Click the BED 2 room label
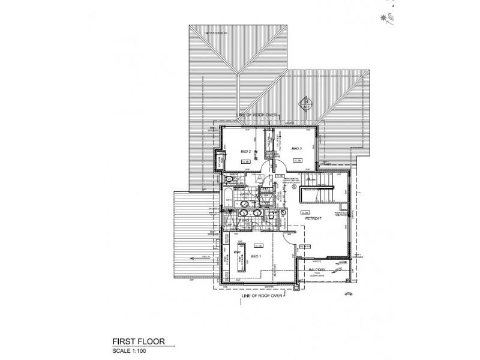pyautogui.click(x=245, y=151)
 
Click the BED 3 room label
pyautogui.click(x=296, y=148)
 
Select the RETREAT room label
pyautogui.click(x=314, y=219)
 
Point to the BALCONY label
pyautogui.click(x=318, y=271)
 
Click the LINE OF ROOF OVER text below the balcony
pyautogui.click(x=262, y=295)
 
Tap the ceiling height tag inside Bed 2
pyautogui.click(x=245, y=161)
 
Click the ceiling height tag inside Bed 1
pyautogui.click(x=259, y=245)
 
